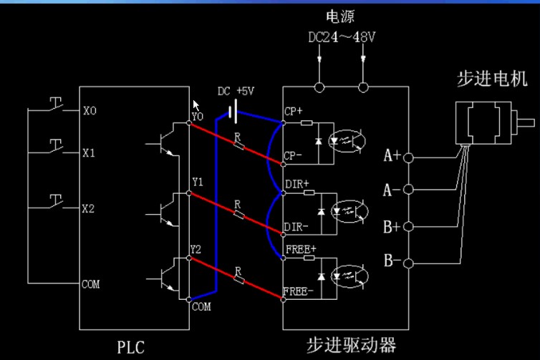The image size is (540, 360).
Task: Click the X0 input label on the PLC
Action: pos(90,112)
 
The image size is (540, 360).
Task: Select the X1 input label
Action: pos(90,153)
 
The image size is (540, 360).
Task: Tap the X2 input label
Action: pos(90,209)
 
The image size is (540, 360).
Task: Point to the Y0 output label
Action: pos(198,115)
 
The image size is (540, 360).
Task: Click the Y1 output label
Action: pos(198,183)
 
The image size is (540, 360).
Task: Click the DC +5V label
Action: pos(236,92)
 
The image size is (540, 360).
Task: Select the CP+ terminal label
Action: pos(294,112)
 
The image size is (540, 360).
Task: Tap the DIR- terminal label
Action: pos(296,227)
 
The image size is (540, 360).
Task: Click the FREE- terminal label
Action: pos(299,291)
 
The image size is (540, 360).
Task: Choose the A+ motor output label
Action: pos(392,155)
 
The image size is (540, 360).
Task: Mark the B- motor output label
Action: pos(392,260)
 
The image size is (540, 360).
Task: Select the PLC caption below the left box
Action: pos(131,348)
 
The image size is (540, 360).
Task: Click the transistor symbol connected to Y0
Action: pos(166,143)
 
